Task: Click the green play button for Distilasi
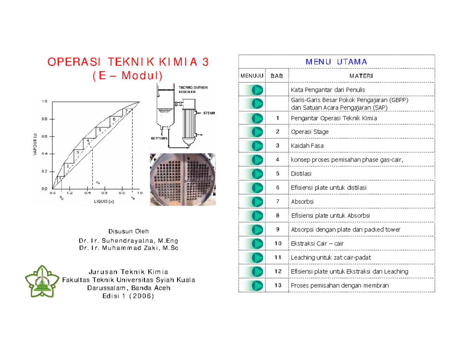pos(256,174)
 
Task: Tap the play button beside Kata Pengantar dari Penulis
pos(256,90)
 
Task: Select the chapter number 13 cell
pos(277,285)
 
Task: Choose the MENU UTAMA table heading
pos(336,62)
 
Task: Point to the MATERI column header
pos(362,76)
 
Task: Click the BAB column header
pos(277,76)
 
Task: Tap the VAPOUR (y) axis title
pos(35,145)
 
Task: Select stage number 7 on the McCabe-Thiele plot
pos(126,111)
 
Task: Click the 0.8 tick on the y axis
pos(45,119)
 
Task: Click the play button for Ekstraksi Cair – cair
pos(256,243)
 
